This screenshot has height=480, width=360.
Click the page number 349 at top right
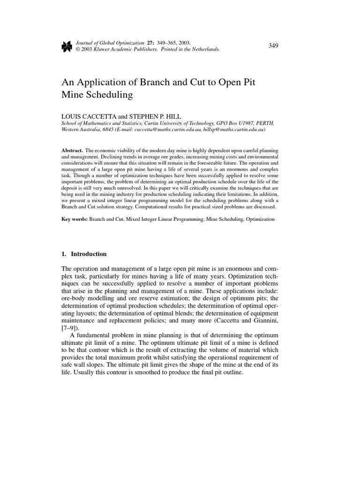[274, 45]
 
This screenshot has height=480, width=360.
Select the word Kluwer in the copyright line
[102, 49]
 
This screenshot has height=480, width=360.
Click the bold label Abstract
[72, 149]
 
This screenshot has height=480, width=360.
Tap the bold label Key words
[75, 219]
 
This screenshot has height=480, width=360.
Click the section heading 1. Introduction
[84, 254]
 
